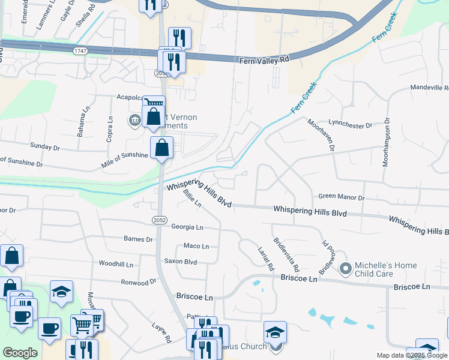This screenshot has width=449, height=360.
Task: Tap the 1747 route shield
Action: [x=80, y=52]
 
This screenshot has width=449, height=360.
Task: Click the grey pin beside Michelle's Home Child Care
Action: [x=345, y=268]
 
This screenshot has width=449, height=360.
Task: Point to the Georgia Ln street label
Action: [x=187, y=227]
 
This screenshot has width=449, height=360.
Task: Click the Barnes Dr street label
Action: [x=138, y=239]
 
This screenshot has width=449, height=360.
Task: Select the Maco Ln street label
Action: [x=196, y=246]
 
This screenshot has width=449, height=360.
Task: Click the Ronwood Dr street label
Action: [x=139, y=281]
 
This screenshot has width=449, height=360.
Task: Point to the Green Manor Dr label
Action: [x=341, y=197]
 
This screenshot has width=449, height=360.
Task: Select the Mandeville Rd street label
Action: [x=429, y=88]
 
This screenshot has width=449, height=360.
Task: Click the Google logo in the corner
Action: [x=20, y=353]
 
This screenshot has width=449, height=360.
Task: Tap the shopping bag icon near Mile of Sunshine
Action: [x=162, y=148]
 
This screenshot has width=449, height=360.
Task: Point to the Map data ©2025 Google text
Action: [x=411, y=355]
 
